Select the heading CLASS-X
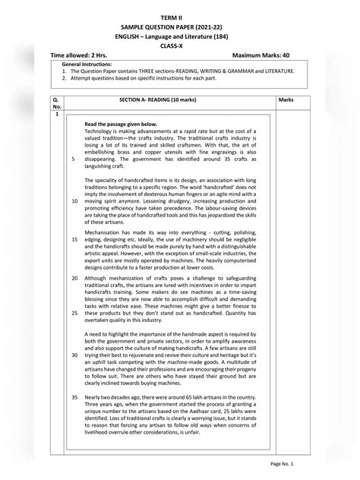click(x=179, y=45)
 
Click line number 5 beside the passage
click(x=73, y=159)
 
